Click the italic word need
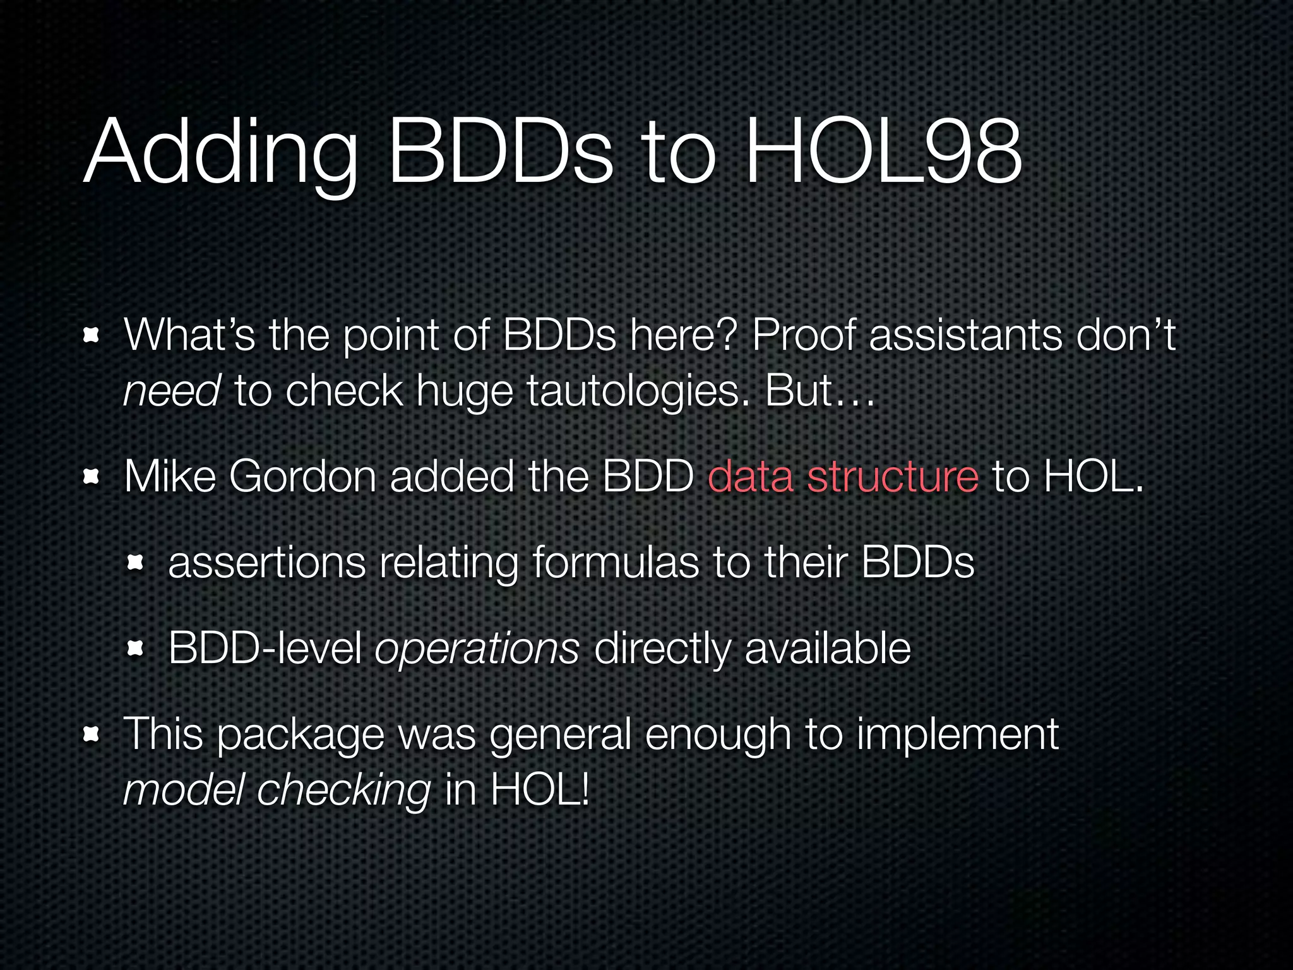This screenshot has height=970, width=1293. point(172,391)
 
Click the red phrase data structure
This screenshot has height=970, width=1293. point(843,476)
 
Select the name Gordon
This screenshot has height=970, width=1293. point(302,476)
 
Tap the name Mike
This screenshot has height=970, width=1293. point(170,476)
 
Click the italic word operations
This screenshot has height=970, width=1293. point(477,649)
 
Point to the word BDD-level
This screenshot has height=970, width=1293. point(265,648)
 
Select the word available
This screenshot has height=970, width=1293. point(828,648)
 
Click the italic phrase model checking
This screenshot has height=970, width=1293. point(277,791)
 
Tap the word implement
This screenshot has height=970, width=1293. point(957,735)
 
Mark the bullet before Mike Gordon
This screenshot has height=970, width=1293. point(92,477)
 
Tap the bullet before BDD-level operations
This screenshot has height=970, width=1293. point(136,648)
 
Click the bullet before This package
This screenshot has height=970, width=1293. point(92,734)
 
